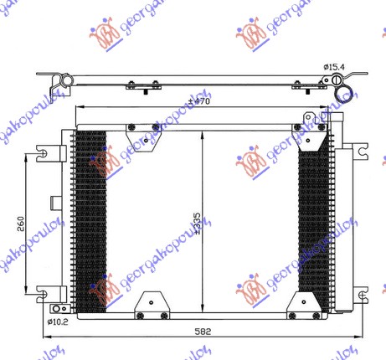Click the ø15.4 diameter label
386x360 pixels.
point(335,66)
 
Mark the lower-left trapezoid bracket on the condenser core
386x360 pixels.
point(152,303)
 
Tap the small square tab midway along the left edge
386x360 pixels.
point(54,202)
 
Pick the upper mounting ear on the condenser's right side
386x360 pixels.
point(360,152)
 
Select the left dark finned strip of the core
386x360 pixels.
point(90,222)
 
